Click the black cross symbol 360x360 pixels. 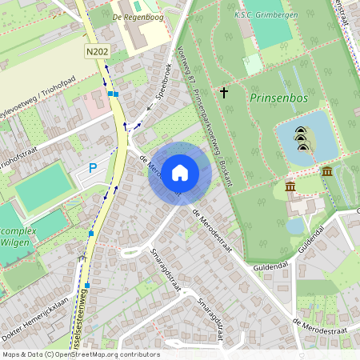(223, 93)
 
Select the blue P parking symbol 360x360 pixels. (93, 168)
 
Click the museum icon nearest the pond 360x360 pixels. (326, 170)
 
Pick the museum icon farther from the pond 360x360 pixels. (290, 186)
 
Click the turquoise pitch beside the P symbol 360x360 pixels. (42, 187)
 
